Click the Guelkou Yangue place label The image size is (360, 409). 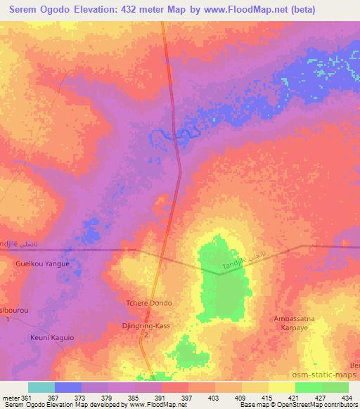click(42, 264)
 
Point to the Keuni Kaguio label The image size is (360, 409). click(51, 337)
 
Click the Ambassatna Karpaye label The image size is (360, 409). click(295, 323)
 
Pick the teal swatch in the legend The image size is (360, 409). click(41, 387)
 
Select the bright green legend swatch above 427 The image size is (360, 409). click(308, 387)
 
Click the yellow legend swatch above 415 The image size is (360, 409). click(255, 387)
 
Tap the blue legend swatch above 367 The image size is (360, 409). click(68, 387)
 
